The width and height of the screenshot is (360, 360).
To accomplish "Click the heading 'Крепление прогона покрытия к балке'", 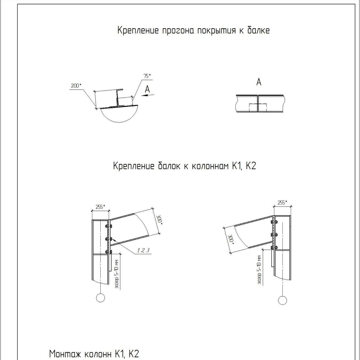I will [x=193, y=30].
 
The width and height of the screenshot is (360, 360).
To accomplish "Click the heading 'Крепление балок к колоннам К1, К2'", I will [x=184, y=166].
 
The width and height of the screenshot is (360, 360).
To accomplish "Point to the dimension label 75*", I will [x=147, y=76].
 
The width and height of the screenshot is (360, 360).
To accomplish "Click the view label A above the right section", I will [x=259, y=82].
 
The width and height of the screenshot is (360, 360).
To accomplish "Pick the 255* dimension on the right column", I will [x=282, y=203].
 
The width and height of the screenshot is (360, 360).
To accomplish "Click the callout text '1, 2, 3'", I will [x=143, y=250].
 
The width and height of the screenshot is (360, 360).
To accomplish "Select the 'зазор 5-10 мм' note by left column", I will [x=117, y=274].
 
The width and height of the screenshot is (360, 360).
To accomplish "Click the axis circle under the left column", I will [x=100, y=298].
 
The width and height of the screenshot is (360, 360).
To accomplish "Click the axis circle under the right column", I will [x=283, y=300].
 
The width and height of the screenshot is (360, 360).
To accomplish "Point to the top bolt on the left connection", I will [x=108, y=226].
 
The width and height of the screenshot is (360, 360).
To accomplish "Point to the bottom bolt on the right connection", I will [x=274, y=247].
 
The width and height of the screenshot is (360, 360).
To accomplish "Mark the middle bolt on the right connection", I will [x=274, y=234].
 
